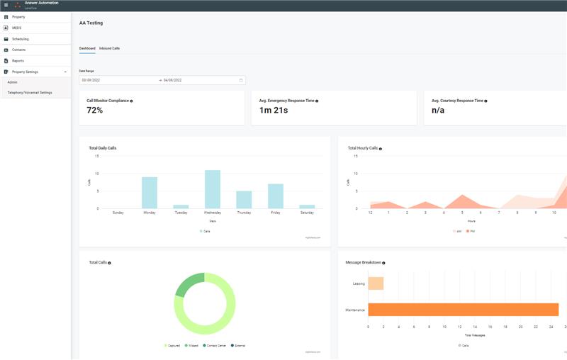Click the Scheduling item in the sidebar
(x=21, y=39)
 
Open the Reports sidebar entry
(x=18, y=61)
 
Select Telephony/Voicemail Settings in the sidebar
(x=30, y=92)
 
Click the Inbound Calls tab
(x=109, y=48)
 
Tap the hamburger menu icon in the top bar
(x=6, y=5)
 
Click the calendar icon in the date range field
(x=241, y=80)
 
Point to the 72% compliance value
(x=95, y=110)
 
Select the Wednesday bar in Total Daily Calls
(x=213, y=189)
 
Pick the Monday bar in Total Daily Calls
(x=150, y=193)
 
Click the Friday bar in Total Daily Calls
(x=276, y=196)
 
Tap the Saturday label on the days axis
(x=307, y=213)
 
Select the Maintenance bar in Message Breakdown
(x=463, y=310)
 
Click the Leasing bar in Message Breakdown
(x=376, y=283)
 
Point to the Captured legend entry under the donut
(x=173, y=345)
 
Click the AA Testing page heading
(x=91, y=23)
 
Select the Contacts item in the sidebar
(x=18, y=50)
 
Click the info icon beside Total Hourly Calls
(x=381, y=149)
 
